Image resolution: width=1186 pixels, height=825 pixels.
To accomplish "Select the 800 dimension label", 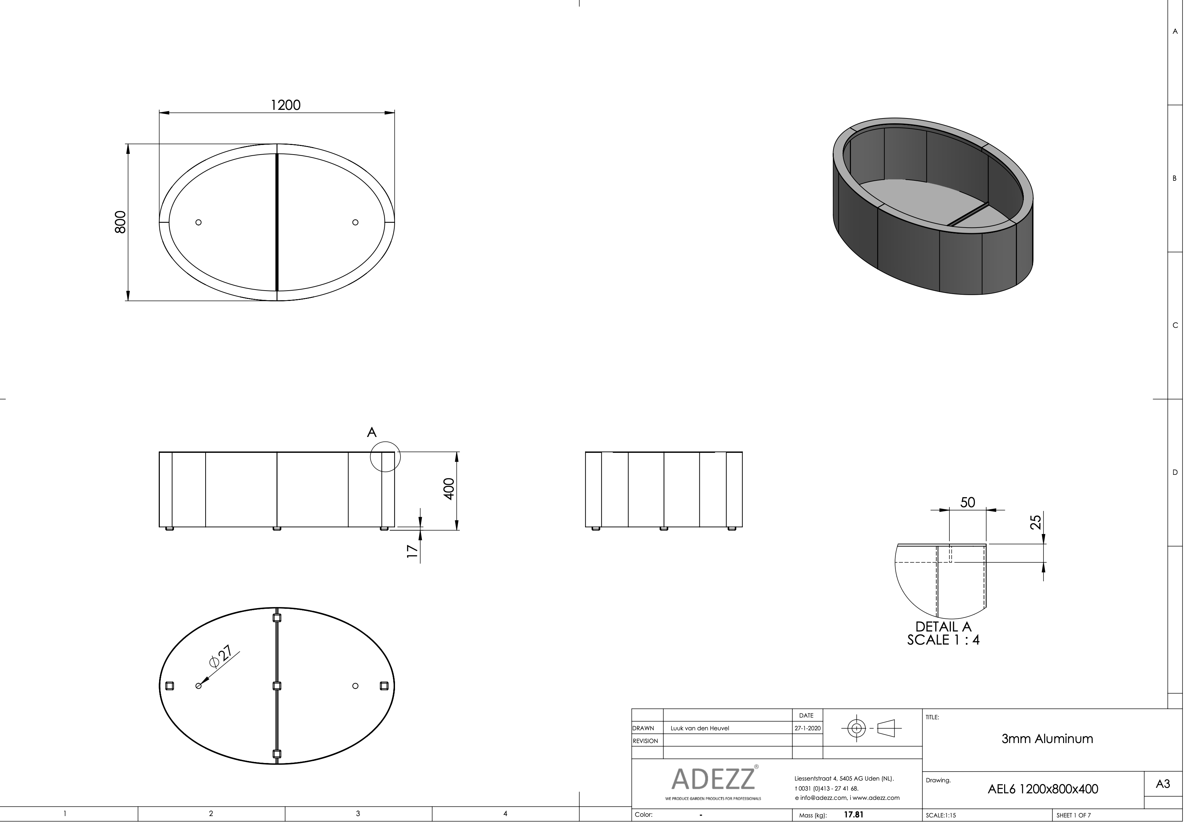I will coord(120,222).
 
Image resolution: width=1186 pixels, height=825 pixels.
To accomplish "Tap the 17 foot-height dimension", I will coord(412,551).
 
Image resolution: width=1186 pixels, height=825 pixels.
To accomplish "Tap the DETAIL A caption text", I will coord(943,627).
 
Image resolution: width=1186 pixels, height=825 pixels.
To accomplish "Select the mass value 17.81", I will coord(853,815).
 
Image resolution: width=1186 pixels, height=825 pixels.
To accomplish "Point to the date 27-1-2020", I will coord(807,728).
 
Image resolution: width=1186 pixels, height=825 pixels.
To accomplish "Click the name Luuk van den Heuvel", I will coord(699,728).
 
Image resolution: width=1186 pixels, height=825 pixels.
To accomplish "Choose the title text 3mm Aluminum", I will coord(1047,739).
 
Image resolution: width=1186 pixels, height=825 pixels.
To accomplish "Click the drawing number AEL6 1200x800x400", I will coord(1042,789).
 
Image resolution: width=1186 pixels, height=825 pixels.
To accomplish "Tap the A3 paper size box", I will coord(1162,784).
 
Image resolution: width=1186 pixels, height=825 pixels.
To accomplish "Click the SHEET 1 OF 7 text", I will coord(1073,816).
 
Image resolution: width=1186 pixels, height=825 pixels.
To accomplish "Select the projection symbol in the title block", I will coord(871,728).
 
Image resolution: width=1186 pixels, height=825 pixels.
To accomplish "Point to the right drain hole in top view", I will coord(355,223).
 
